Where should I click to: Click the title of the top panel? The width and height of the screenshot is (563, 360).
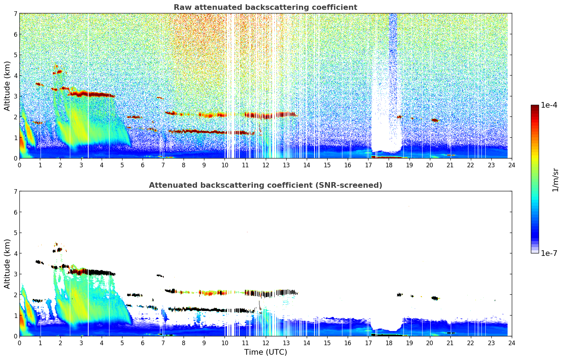coord(265,7)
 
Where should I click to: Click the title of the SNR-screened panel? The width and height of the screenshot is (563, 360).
coord(265,185)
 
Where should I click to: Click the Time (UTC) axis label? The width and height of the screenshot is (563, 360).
coord(265,352)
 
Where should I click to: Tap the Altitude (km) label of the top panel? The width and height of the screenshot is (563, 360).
coord(7,86)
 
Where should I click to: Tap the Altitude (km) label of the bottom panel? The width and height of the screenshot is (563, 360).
coord(7,264)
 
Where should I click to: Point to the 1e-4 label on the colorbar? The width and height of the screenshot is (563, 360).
coord(549,105)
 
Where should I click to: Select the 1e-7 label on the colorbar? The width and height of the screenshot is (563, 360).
coord(549,253)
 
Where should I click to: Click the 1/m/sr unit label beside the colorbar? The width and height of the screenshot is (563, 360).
coord(555,180)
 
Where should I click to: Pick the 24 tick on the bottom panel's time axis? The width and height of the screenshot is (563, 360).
coord(512,343)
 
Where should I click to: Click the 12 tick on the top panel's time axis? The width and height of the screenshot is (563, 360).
coord(265,165)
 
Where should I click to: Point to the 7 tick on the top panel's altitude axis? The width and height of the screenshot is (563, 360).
coord(16,14)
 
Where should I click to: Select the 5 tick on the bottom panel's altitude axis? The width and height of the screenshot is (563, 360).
coord(16,233)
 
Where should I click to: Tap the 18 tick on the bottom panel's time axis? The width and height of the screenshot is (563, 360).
coord(389,343)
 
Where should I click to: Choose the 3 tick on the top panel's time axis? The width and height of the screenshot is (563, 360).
coord(81,165)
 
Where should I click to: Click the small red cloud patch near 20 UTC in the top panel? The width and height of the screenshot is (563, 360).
coord(435,120)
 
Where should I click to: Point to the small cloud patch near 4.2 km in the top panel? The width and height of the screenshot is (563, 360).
coord(58,72)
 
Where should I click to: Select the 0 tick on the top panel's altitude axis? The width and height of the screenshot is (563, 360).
coord(16,158)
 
